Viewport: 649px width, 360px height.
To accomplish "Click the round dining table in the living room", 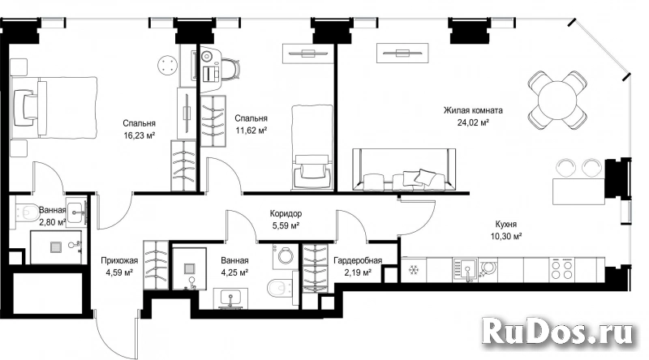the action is pyautogui.click(x=557, y=101).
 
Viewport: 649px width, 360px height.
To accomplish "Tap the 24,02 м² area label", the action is pyautogui.click(x=474, y=122).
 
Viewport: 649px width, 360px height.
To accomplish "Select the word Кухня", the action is pyautogui.click(x=505, y=225).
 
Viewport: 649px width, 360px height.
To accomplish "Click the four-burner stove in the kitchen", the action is pyautogui.click(x=562, y=270).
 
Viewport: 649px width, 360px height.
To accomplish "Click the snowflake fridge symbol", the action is pyautogui.click(x=413, y=270).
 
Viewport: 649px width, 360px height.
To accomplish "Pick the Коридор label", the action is pyautogui.click(x=286, y=213).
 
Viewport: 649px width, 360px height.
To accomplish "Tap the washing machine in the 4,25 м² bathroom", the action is pyautogui.click(x=286, y=256).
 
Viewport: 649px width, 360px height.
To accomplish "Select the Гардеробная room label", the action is pyautogui.click(x=358, y=261).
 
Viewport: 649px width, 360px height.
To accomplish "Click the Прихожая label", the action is pyautogui.click(x=119, y=261).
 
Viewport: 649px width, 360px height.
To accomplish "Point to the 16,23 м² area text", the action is pyautogui.click(x=139, y=135).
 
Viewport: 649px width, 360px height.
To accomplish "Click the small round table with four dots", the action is pyautogui.click(x=168, y=66).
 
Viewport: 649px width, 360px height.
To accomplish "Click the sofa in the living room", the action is pyautogui.click(x=404, y=169).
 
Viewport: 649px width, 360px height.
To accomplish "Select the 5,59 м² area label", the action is pyautogui.click(x=286, y=226).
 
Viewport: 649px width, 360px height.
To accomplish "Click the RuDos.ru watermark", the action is pyautogui.click(x=558, y=331).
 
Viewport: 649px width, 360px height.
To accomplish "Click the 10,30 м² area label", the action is pyautogui.click(x=505, y=237).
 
